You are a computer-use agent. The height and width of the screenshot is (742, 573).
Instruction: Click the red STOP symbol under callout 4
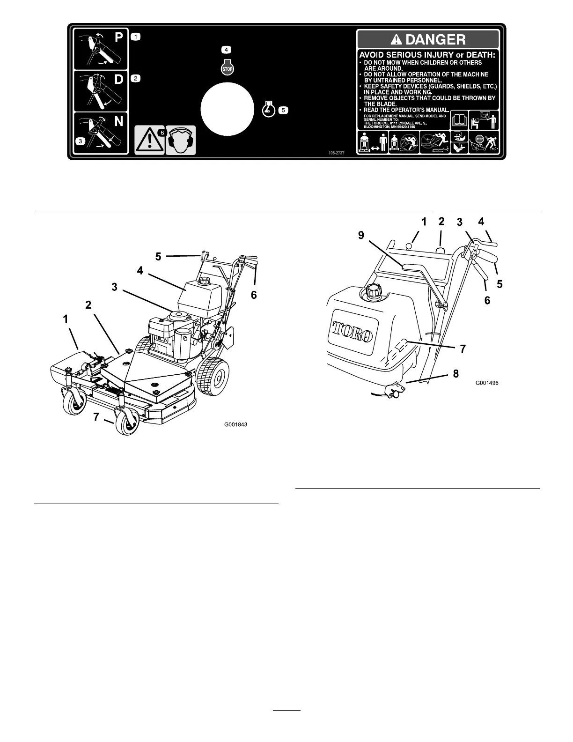[227, 68]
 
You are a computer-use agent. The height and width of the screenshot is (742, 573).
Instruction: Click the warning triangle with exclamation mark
[149, 140]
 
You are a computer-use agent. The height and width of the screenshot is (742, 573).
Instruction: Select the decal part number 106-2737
[330, 152]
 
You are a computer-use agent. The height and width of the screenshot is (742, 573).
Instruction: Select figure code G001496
[487, 383]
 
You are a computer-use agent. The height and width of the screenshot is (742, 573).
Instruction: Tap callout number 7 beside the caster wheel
[96, 416]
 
